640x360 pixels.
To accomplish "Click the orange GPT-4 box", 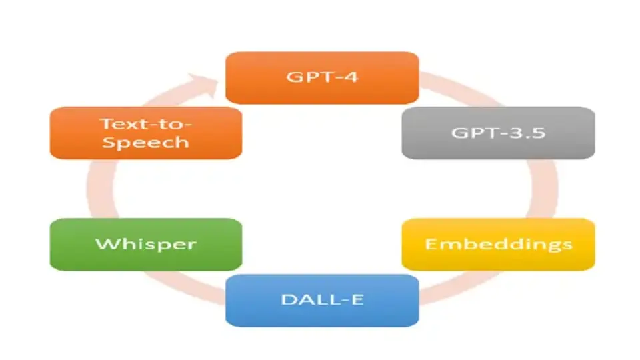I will coord(322,77).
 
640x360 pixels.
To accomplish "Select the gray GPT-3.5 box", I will coord(498,133).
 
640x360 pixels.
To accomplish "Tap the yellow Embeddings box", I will coord(498,244).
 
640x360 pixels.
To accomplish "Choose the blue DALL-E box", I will coord(322,300).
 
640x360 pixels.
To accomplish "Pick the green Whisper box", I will coord(146,244).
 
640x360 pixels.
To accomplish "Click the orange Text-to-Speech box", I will coord(146,133).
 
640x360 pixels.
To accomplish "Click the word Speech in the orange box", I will coord(146,143).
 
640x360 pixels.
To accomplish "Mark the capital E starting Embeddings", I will coord(431,243).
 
